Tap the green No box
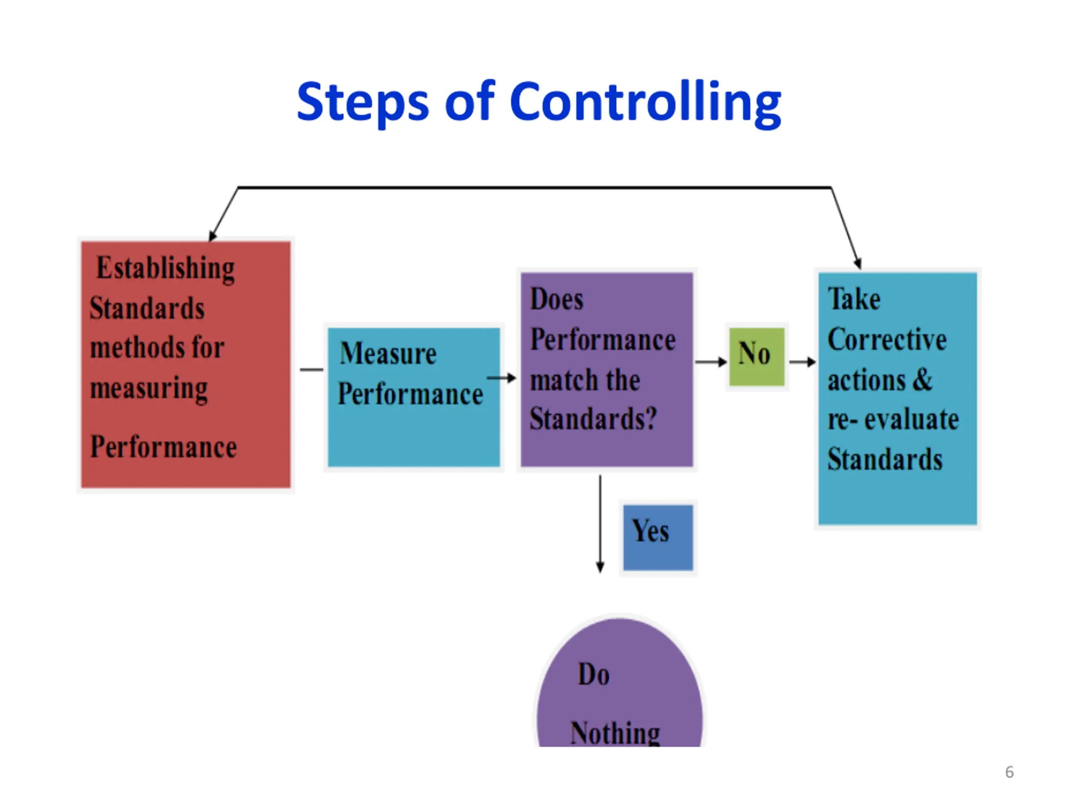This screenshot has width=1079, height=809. click(757, 356)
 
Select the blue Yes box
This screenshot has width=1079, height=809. click(658, 537)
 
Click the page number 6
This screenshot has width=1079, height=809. click(1009, 772)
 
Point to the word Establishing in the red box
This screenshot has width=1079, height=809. click(165, 269)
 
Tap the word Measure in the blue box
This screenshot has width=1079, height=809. click(388, 354)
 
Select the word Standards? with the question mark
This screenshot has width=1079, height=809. click(593, 419)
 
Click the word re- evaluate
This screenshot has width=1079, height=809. click(893, 419)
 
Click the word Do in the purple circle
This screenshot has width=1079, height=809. click(593, 675)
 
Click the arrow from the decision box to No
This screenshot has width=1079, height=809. click(711, 362)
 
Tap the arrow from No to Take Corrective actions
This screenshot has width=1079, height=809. click(802, 362)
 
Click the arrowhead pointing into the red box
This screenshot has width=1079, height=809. click(212, 236)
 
